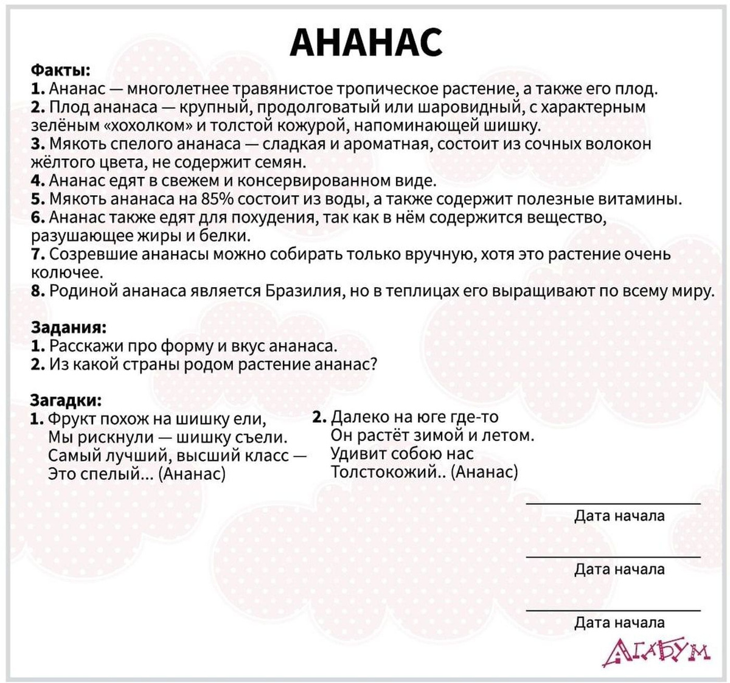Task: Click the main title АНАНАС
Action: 366,41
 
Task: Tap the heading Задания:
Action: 69,327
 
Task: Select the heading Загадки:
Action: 66,400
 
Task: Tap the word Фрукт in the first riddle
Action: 71,419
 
